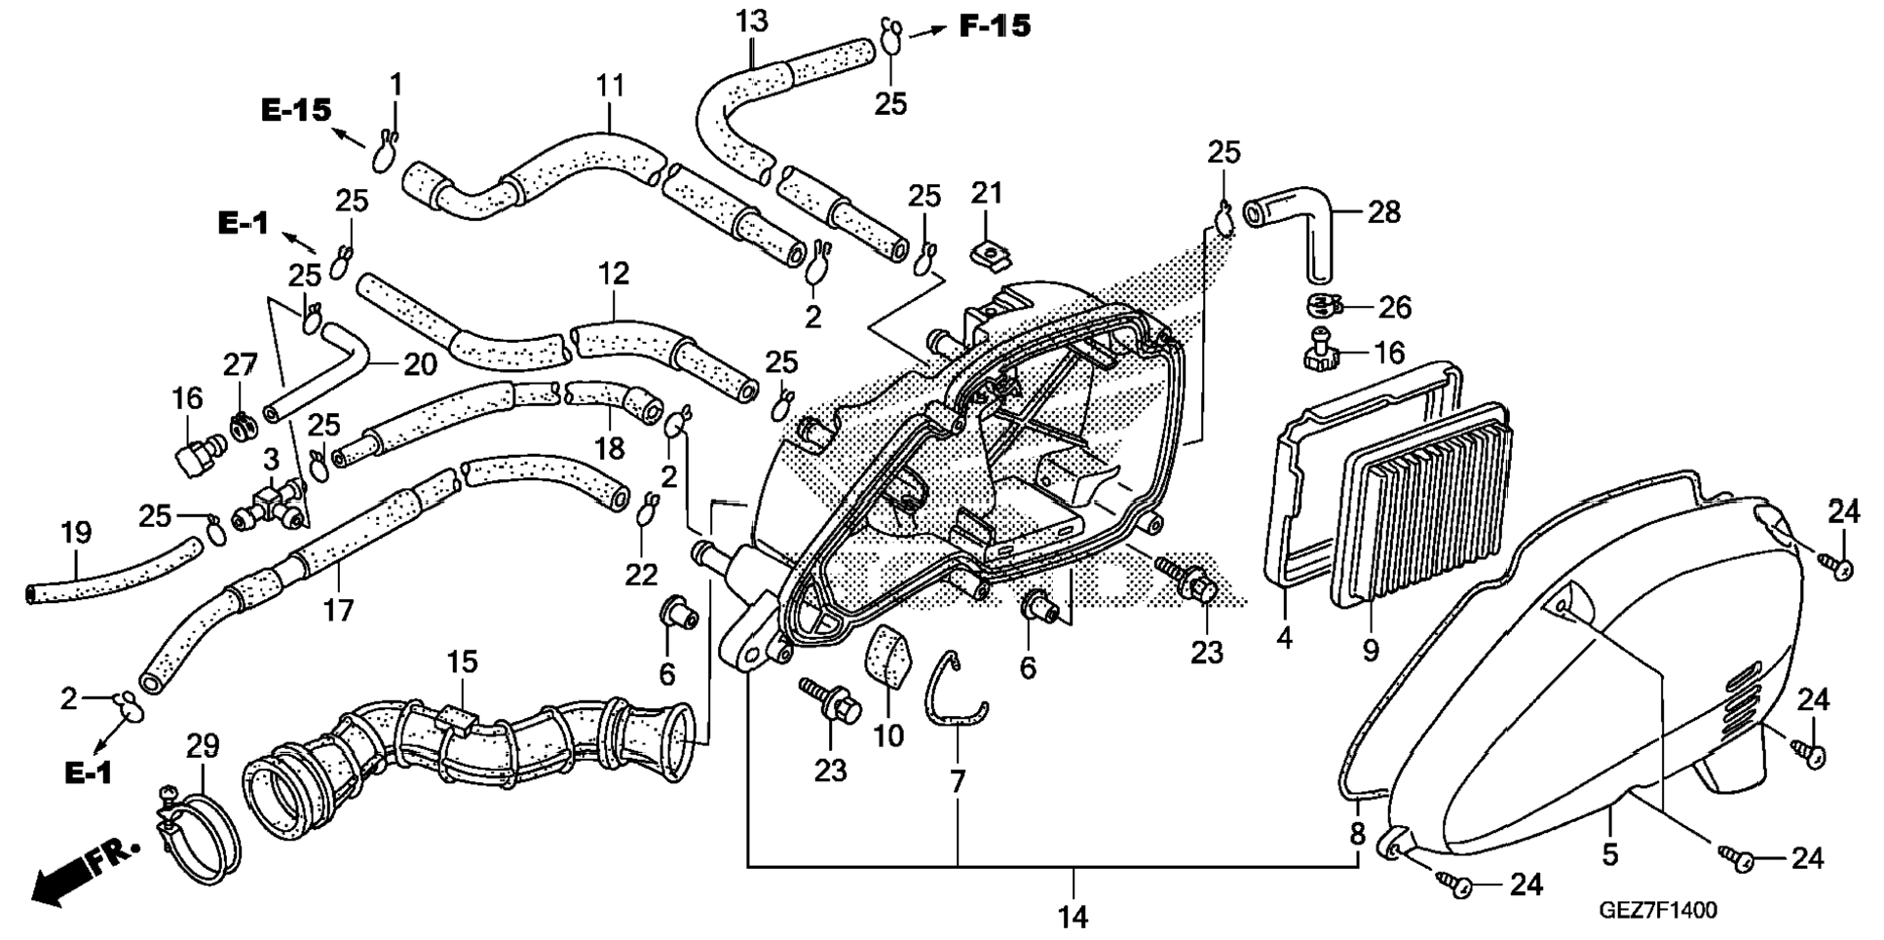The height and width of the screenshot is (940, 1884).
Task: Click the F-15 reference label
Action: coord(995,26)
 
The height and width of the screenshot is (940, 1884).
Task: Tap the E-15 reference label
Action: coord(296,111)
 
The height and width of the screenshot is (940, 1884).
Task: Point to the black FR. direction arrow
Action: coord(82,872)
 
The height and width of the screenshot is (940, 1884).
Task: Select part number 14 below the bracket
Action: coord(1072,916)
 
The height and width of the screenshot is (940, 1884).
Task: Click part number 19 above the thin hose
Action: coord(76,533)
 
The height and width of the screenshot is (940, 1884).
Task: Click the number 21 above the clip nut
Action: coord(987,193)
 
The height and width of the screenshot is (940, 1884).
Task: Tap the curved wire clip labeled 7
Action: coord(955,694)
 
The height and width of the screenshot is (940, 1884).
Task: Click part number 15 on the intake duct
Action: coord(463,662)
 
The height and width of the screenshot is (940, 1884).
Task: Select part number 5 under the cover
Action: coord(1609,854)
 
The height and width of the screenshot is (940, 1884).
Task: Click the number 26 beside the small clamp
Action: coord(1394,308)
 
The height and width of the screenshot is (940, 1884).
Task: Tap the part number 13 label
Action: coord(752,21)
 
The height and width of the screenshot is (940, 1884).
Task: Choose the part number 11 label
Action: coord(610,86)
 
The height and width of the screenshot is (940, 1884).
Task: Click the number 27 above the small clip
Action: coord(240,365)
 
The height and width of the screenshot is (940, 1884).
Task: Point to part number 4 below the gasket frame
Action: coord(1284,638)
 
